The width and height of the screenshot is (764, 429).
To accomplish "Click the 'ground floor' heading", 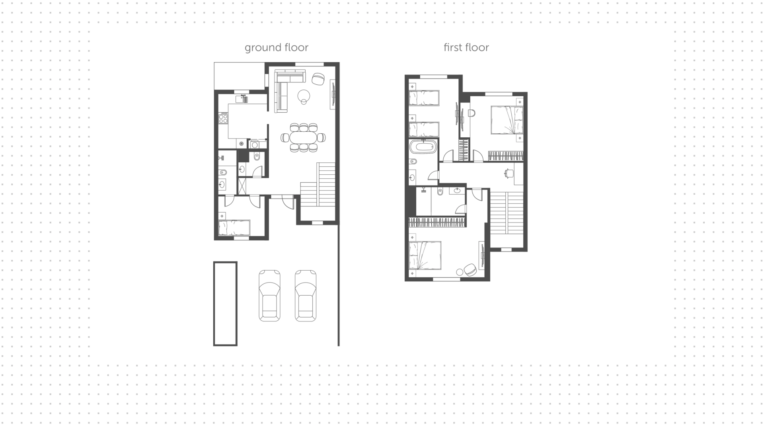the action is point(277,48).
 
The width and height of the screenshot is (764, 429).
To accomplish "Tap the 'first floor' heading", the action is point(466,47).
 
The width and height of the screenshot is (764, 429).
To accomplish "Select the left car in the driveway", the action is point(269,295).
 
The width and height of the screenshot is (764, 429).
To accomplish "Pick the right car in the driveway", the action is point(306,295).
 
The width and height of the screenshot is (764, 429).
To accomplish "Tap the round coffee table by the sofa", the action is point(304,96).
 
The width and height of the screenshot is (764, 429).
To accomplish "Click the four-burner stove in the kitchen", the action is point(223,118).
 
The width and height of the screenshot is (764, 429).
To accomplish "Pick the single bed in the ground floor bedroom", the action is point(234,228).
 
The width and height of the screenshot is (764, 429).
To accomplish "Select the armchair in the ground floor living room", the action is point(318,79).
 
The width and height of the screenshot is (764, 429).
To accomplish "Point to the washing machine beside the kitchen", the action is point(254,144).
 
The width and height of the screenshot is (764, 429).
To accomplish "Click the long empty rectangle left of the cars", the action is point(225,304).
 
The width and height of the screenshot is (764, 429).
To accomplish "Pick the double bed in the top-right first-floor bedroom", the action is point(507,120).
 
